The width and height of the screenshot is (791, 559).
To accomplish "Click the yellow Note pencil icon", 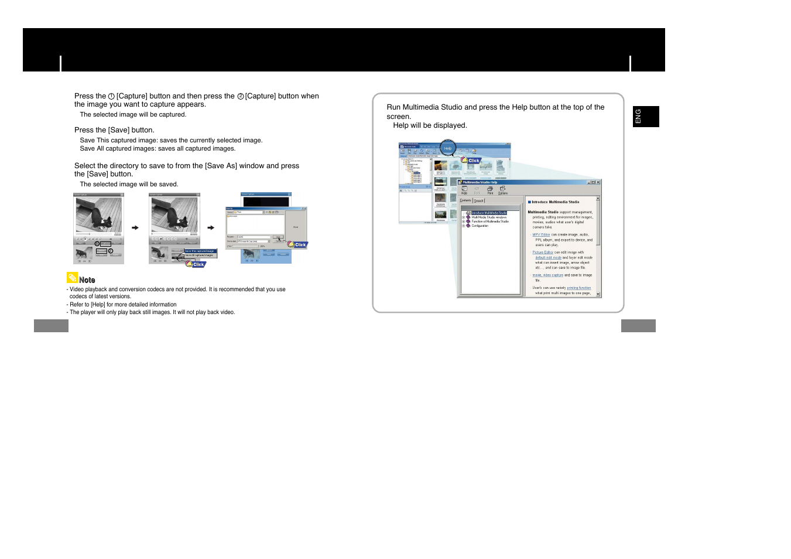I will coord(72,278).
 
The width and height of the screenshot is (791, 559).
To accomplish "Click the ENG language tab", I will coord(645,117).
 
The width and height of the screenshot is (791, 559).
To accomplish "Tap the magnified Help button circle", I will coord(448,148).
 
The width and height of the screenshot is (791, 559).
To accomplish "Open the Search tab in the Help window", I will coord(479,201).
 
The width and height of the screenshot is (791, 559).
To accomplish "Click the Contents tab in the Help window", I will coord(465,200).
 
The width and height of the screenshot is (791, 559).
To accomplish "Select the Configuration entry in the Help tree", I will coord(480,226).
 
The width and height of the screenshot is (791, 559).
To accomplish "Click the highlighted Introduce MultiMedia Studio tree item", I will coord(489,213).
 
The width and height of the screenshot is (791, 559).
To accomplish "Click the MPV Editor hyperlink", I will coord(541,234).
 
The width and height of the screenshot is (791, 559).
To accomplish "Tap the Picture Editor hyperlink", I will coord(543,253).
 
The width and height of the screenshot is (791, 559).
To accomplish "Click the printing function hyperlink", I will coord(578,288).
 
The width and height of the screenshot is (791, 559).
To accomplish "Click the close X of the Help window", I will coord(598,182).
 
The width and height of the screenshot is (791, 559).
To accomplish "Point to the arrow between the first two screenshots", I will coord(135,228).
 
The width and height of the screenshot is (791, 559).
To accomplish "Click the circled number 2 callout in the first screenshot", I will coord(110,251).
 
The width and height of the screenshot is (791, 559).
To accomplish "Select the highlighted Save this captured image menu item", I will coord(200,251).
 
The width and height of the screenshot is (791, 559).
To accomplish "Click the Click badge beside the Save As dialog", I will coord(299,244).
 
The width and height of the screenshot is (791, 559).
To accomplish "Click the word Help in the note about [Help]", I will coord(98,305).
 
